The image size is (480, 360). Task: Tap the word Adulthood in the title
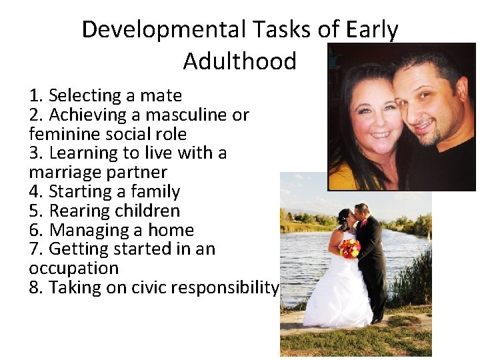[x=239, y=61]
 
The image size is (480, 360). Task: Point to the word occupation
[x=73, y=269]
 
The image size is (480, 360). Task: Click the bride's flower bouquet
[x=349, y=248]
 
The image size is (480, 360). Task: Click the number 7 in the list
[x=35, y=249]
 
